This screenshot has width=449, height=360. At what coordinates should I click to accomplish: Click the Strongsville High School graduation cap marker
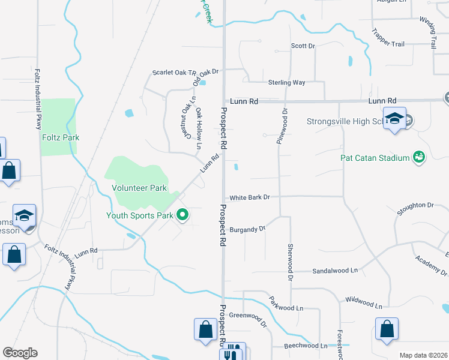(394, 119)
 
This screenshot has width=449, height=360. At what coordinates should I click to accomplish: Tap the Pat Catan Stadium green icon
(418, 158)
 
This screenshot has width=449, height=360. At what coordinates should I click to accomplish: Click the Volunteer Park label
(139, 188)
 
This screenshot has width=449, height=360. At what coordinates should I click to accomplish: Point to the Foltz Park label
(61, 137)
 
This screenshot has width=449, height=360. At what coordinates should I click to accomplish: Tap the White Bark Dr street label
(250, 197)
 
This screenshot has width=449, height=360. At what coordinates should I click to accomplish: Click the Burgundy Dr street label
(247, 229)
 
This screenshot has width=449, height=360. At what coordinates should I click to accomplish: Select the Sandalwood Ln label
(334, 271)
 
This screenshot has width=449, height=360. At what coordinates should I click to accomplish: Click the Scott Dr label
(303, 46)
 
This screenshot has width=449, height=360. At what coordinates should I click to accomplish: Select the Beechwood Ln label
(307, 346)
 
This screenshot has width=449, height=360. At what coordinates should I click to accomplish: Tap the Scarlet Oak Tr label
(170, 73)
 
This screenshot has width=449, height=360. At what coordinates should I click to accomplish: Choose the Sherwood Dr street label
(290, 263)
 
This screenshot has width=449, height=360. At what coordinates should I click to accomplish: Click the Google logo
(20, 353)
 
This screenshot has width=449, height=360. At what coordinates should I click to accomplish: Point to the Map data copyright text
(423, 355)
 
